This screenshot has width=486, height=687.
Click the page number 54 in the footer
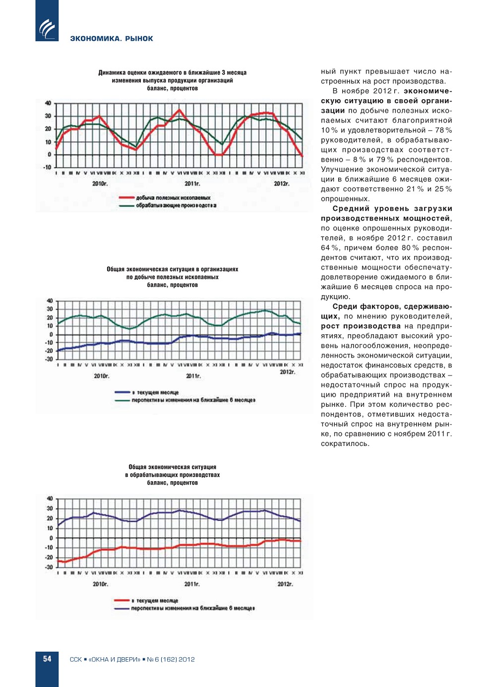point(47,659)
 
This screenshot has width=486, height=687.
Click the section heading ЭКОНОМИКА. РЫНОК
point(112,39)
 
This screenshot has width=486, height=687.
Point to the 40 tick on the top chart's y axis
point(48,103)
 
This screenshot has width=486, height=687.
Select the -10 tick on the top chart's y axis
point(47,167)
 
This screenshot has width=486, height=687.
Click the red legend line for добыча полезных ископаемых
point(126,197)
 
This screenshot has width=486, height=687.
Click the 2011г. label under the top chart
point(192,184)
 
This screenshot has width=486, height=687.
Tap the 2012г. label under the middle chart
point(287,372)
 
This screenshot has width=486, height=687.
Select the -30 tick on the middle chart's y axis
point(49,359)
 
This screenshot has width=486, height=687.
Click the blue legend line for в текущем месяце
point(122,392)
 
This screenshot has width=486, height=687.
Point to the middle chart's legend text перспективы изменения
point(193,400)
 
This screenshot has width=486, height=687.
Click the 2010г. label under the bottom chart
point(100,584)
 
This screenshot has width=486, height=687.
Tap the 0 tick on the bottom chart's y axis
point(51,538)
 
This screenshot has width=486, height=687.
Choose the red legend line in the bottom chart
point(122,600)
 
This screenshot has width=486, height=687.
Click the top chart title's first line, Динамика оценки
point(172,72)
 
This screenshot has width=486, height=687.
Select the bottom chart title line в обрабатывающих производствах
point(172,475)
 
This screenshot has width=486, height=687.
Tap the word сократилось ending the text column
point(345,443)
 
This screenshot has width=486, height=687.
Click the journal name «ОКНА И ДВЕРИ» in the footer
point(115,659)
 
